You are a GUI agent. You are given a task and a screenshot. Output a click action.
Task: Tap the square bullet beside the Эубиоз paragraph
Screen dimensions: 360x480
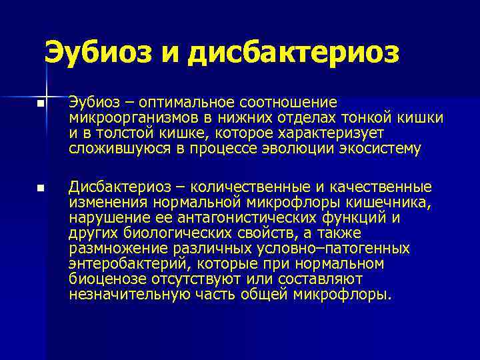coord(41,105)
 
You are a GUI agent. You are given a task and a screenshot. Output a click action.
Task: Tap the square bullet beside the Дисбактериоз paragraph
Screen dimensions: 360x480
coord(41,190)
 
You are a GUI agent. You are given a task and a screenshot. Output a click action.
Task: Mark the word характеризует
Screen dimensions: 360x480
coord(371,133)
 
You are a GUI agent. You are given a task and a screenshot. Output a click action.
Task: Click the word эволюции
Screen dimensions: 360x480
coord(300,149)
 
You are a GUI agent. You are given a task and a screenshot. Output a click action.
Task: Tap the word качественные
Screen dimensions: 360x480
coord(379,187)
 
